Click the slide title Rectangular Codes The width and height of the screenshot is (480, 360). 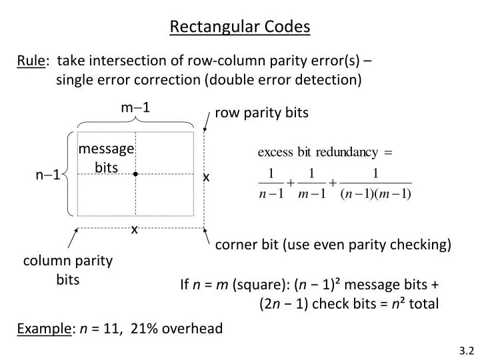tap(240, 27)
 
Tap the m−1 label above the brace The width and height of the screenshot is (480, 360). tap(135, 107)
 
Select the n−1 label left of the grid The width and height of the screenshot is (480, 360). tap(48, 175)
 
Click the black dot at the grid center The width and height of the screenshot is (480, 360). tap(135, 174)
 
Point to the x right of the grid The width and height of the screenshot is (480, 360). tap(206, 177)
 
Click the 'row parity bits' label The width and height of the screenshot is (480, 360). tap(261, 113)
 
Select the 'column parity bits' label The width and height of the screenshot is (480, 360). tap(67, 270)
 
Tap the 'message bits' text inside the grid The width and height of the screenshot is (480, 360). tap(107, 159)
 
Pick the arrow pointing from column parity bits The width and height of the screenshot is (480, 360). tap(74, 239)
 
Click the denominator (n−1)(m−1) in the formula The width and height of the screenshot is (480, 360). tap(376, 194)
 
